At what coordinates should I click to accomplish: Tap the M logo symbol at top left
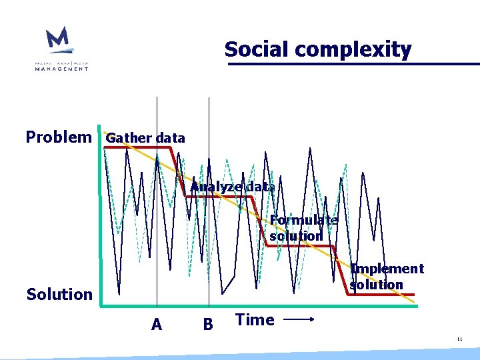click(58, 41)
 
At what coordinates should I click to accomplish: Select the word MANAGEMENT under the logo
click(61, 68)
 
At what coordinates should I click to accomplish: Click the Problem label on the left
click(59, 137)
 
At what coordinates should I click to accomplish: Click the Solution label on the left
click(59, 294)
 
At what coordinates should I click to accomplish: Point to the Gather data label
click(145, 138)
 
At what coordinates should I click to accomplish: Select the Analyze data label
click(232, 187)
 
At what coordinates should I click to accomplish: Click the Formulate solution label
click(303, 228)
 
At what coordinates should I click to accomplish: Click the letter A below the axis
click(157, 325)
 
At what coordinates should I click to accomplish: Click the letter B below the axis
click(208, 325)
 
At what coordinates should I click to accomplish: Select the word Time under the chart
click(255, 320)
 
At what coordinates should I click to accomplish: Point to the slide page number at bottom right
click(459, 339)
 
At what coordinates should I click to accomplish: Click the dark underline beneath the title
click(353, 64)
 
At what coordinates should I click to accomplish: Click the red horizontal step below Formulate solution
click(300, 246)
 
